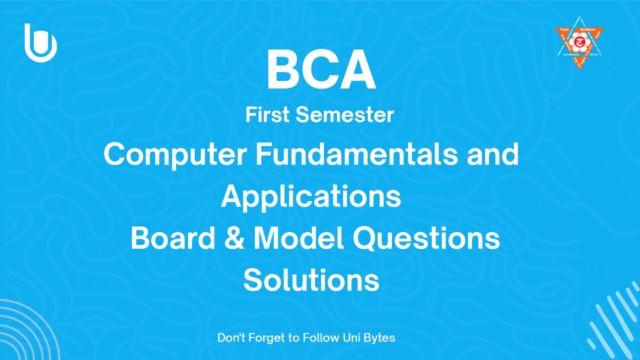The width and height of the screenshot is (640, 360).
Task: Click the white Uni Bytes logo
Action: tap(40, 43)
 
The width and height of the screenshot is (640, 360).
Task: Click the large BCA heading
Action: tap(320, 71)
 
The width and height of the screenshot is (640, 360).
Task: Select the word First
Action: tap(267, 115)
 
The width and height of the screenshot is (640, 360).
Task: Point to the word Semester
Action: tap(344, 115)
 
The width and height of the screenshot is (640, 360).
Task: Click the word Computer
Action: tap(175, 154)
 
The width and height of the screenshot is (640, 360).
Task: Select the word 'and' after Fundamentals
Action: tap(492, 154)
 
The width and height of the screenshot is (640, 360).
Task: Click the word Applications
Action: tap(310, 197)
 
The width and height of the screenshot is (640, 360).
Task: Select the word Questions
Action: tap(426, 239)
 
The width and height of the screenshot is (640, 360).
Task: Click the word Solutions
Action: tap(311, 280)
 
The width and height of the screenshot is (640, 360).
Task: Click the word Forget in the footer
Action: tap(268, 338)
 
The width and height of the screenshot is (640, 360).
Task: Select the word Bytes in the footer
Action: tap(379, 338)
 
